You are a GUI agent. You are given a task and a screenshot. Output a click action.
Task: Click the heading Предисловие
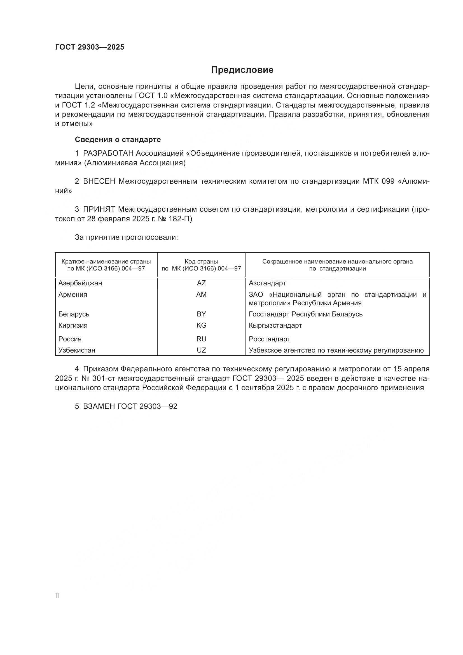coord(242,70)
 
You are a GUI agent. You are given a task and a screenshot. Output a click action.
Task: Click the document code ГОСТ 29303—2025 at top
coord(90,47)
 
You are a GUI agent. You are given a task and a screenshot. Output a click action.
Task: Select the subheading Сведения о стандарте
coord(118,139)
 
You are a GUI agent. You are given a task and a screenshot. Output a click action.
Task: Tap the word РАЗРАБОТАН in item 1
coord(108,153)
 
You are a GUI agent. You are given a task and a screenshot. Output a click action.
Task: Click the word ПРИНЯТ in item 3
coord(99,209)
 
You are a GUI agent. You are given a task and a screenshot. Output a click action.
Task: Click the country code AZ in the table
coord(201,283)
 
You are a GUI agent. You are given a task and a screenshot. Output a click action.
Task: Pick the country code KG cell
coord(201,325)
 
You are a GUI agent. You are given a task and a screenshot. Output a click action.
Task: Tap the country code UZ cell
coord(201,350)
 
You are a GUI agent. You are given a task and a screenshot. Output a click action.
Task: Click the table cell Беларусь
coord(74,314)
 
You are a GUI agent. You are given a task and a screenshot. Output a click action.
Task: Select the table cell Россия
coord(70,339)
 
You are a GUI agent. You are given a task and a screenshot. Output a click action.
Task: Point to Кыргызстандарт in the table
coord(275,325)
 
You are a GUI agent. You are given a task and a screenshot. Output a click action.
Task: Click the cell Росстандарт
coord(269,339)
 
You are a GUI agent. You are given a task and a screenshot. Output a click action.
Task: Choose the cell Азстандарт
coord(267,283)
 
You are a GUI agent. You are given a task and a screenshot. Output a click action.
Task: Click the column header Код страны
coord(201,262)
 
